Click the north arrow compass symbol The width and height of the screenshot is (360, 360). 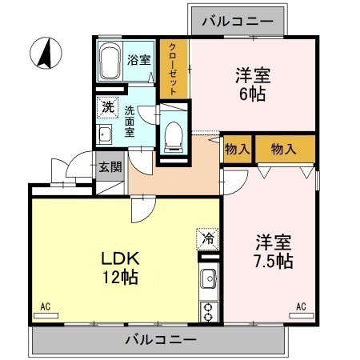pos(45,54)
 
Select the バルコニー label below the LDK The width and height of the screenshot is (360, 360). pos(160,340)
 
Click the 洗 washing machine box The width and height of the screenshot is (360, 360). pos(106,106)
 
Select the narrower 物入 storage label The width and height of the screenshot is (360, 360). pos(236,149)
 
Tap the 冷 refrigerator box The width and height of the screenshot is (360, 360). pos(207,238)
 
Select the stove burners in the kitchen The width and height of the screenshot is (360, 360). pos(207,310)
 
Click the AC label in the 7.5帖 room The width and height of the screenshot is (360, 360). pos(302,305)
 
